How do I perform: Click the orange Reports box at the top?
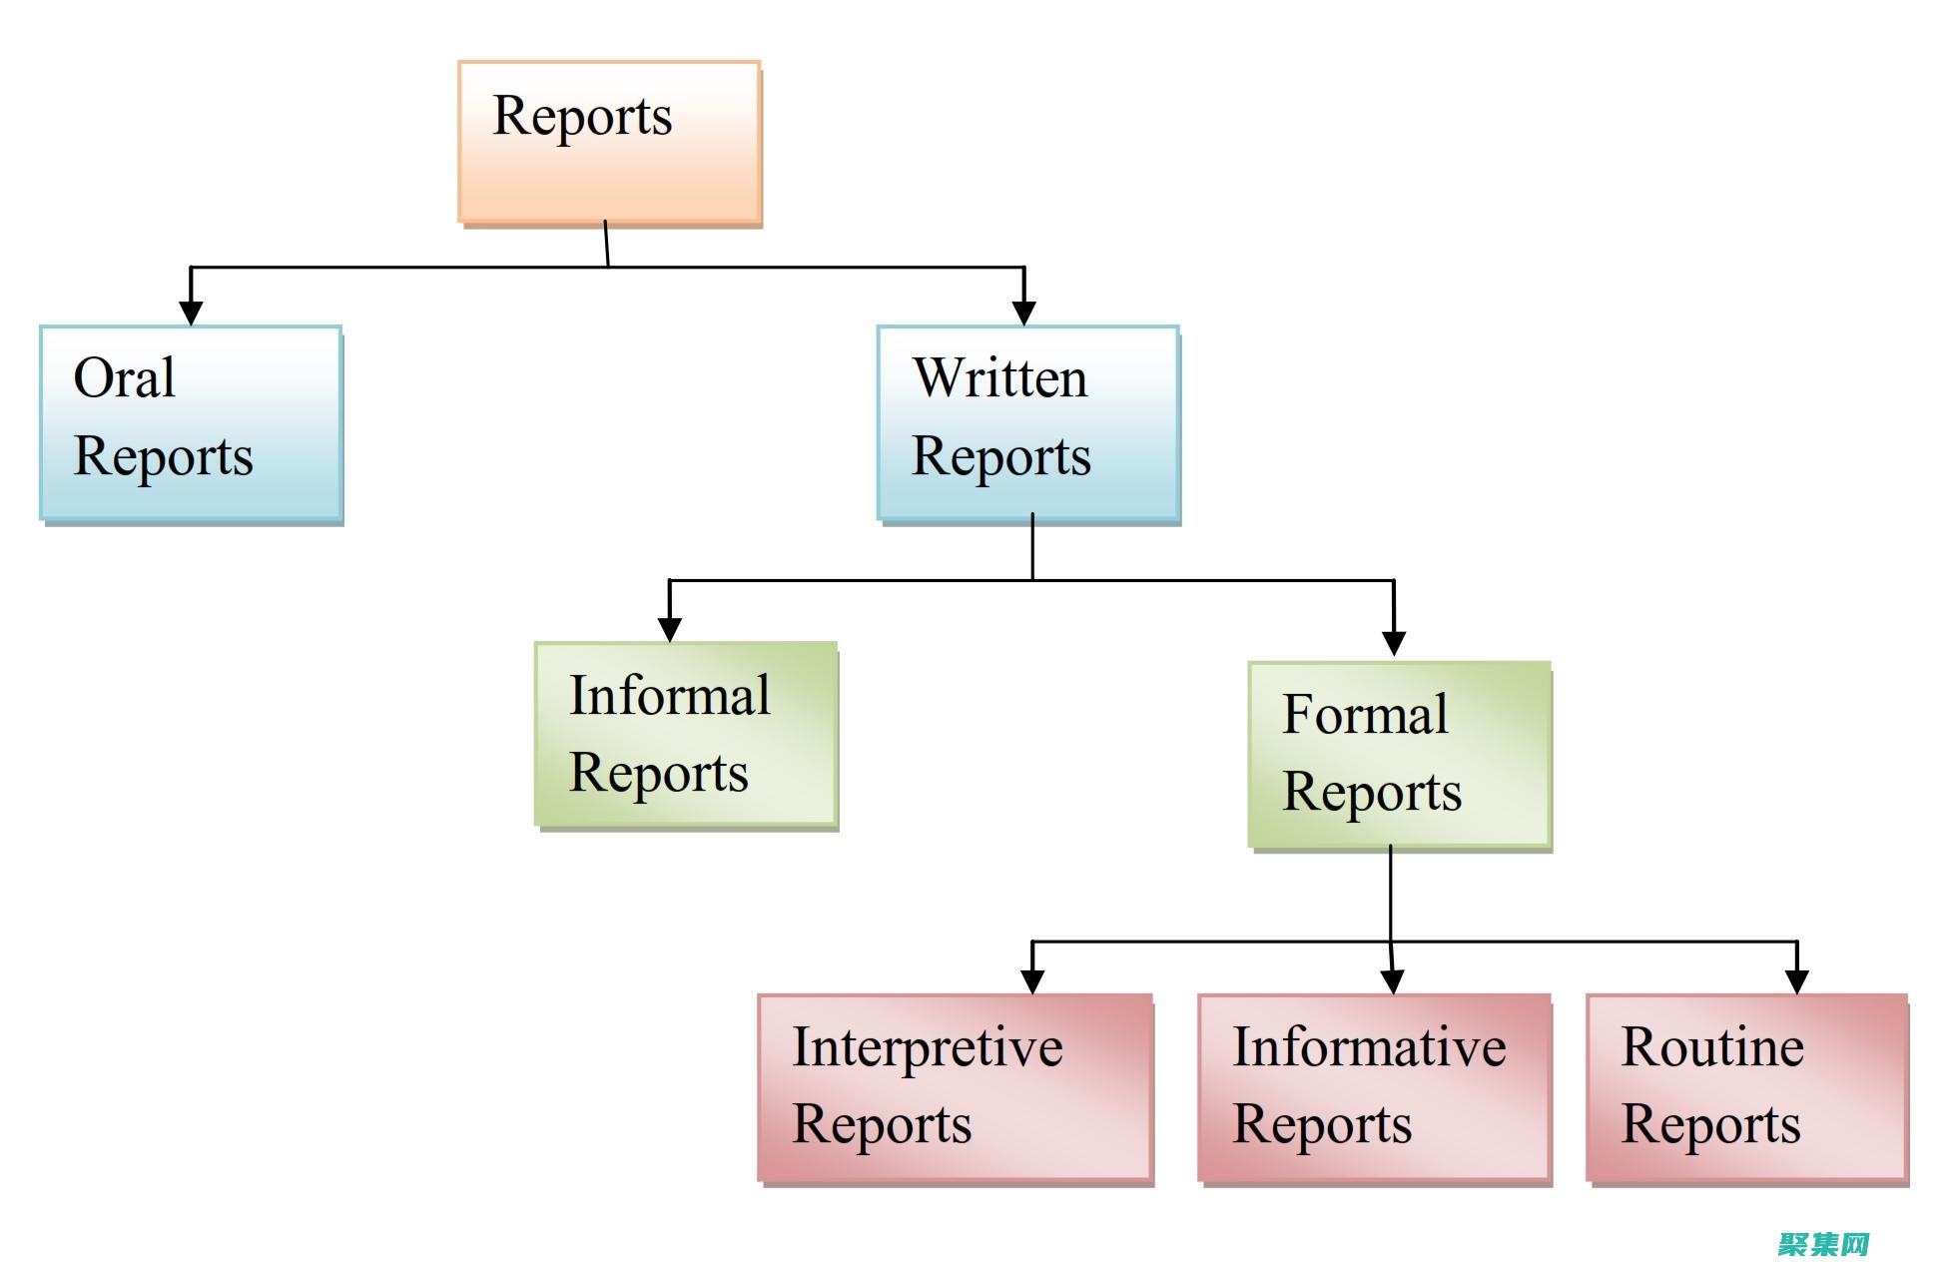[609, 142]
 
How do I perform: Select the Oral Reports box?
[191, 422]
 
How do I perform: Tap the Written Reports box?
[1027, 422]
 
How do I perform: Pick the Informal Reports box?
[685, 734]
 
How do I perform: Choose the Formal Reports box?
[1399, 754]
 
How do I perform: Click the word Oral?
[125, 378]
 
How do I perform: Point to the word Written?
[999, 378]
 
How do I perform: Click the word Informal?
[669, 695]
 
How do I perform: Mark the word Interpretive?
[927, 1047]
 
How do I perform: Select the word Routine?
[1711, 1047]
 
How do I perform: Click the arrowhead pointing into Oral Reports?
[191, 312]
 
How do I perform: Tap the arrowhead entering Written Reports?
[1023, 312]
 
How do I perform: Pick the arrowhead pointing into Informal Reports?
[669, 628]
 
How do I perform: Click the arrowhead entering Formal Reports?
[1394, 643]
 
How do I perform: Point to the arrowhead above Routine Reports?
[1796, 980]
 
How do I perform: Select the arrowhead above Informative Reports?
[1393, 980]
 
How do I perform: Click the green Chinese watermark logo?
[1822, 1243]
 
